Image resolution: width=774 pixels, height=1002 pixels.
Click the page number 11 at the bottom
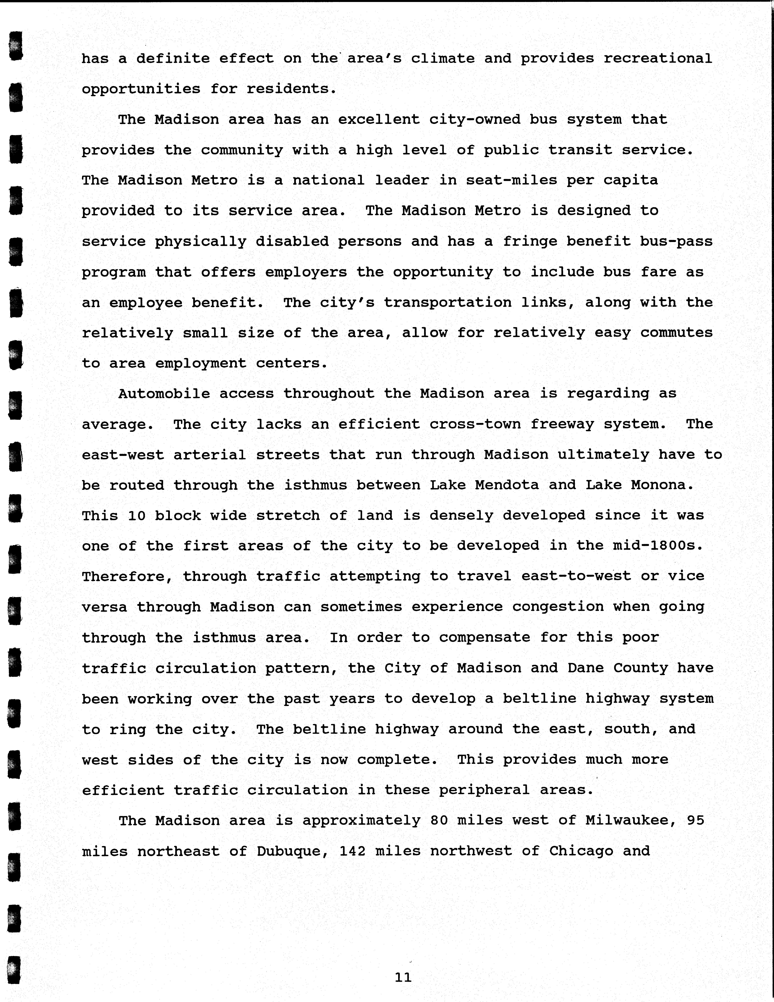[403, 977]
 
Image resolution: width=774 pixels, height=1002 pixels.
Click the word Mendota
[507, 485]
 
